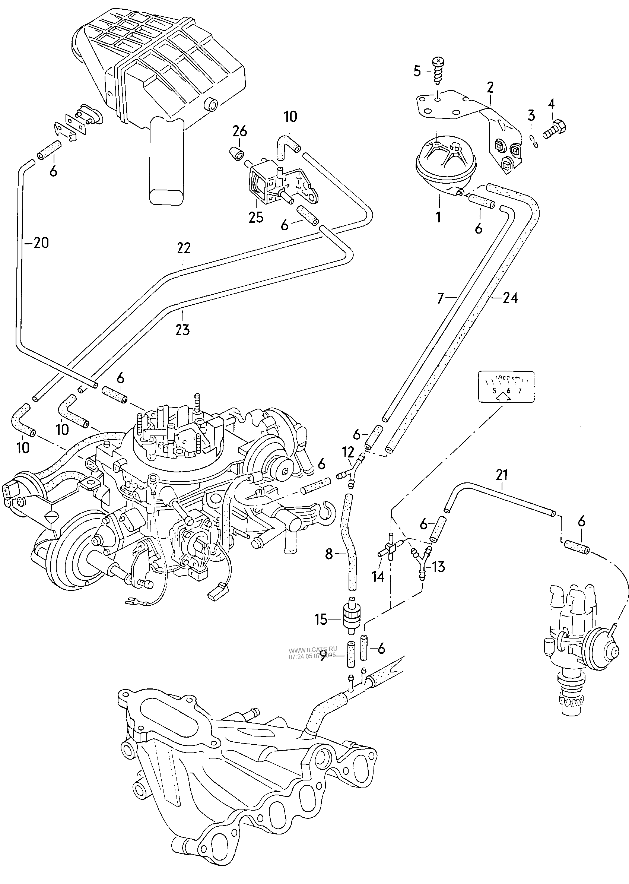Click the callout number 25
[256, 217]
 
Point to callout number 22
[184, 248]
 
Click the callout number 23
[183, 330]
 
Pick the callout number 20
[41, 243]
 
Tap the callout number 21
[502, 475]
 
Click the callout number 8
[329, 554]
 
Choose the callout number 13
[438, 567]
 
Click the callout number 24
[510, 298]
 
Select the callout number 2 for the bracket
[490, 88]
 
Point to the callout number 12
[348, 451]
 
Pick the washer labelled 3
[534, 142]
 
